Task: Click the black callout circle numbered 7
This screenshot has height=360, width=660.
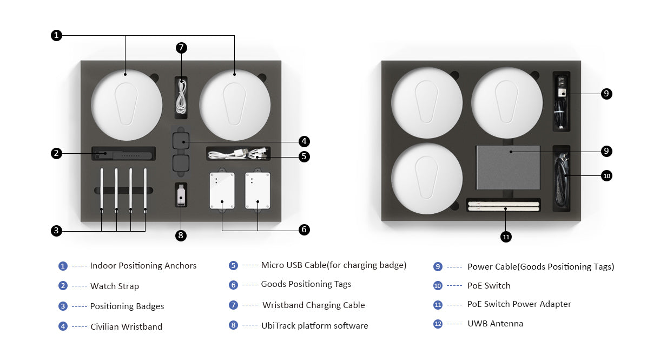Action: [x=181, y=48]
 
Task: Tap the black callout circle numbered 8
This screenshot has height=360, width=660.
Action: [x=181, y=235]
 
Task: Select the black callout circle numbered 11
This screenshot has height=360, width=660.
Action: [x=506, y=237]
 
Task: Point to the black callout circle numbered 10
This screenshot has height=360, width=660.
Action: [x=606, y=176]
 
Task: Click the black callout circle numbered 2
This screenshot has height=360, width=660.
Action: [x=56, y=153]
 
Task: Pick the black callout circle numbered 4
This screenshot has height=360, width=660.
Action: [x=304, y=141]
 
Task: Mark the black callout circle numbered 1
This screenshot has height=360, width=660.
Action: [x=56, y=35]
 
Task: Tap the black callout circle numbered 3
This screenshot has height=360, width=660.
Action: [x=56, y=231]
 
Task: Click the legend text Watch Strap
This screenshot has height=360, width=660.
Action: [x=115, y=286]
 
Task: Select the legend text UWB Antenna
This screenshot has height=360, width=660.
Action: [x=496, y=323]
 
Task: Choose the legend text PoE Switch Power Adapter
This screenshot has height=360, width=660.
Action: [x=519, y=304]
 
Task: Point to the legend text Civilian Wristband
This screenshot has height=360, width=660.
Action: [x=127, y=326]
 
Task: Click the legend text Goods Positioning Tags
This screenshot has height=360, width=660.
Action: [x=306, y=284]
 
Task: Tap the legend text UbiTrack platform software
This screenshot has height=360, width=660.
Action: [x=315, y=325]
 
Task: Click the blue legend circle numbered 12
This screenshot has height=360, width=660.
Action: [x=438, y=324]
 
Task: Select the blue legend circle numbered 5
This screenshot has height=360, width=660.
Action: [x=233, y=265]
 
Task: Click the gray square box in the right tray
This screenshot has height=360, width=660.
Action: [x=509, y=167]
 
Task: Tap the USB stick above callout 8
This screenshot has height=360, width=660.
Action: [x=181, y=195]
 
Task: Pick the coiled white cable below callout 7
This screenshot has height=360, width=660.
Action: [x=181, y=97]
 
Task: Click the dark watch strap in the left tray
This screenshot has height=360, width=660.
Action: [x=123, y=154]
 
